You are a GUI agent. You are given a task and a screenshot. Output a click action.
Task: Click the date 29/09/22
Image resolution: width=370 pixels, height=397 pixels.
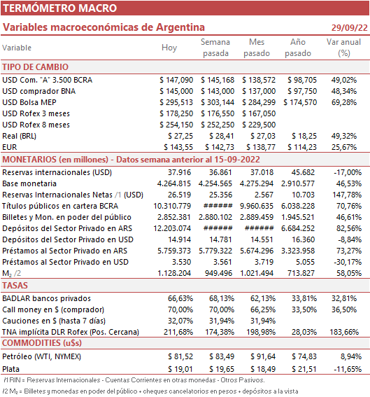[x=349, y=27]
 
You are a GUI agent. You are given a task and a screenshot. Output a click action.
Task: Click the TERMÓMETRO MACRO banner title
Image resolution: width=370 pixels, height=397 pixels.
[x=59, y=8]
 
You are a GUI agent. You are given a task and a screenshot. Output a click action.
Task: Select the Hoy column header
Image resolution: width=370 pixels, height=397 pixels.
[x=169, y=48]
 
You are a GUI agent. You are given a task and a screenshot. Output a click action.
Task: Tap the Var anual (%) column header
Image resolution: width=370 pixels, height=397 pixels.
[x=343, y=48]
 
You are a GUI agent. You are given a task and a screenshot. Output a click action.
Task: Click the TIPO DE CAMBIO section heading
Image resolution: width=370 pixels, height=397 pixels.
[x=36, y=67]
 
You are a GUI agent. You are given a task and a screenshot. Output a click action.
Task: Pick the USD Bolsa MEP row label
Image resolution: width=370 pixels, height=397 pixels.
[x=29, y=102]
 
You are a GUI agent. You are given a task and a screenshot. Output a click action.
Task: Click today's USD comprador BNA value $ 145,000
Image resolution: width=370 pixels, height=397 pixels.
[x=176, y=91]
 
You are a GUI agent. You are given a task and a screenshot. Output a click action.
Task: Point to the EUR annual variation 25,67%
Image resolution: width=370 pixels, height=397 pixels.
[x=344, y=147]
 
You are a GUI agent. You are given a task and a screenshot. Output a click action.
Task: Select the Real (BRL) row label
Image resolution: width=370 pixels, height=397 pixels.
[x=19, y=136]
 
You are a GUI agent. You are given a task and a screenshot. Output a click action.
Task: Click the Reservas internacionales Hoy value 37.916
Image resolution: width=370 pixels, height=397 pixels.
[x=179, y=172]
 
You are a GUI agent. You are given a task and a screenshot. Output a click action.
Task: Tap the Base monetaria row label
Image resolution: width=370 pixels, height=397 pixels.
[x=29, y=183]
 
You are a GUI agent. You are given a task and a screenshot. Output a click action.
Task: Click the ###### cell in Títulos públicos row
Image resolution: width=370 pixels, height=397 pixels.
[x=218, y=206]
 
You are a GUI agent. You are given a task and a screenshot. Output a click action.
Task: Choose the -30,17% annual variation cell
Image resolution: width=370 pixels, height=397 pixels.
[x=348, y=262]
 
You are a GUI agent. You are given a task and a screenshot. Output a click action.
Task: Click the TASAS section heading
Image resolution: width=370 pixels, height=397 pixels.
[x=15, y=286]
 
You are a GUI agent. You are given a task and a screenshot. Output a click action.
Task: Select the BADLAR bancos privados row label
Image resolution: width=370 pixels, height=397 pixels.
[x=46, y=298]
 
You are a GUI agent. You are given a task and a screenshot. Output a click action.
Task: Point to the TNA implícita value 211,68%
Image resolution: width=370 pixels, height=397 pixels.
[x=178, y=332]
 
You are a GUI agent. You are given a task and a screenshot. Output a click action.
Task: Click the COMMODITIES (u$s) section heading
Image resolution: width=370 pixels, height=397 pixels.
[x=42, y=343]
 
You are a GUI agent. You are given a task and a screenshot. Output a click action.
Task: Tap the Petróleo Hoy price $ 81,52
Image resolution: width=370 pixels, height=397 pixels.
[x=180, y=356]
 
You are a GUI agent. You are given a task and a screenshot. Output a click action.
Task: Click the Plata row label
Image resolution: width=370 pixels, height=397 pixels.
[x=11, y=369]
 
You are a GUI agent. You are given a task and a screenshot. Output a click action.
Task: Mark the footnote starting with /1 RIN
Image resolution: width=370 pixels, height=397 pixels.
[x=134, y=380]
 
